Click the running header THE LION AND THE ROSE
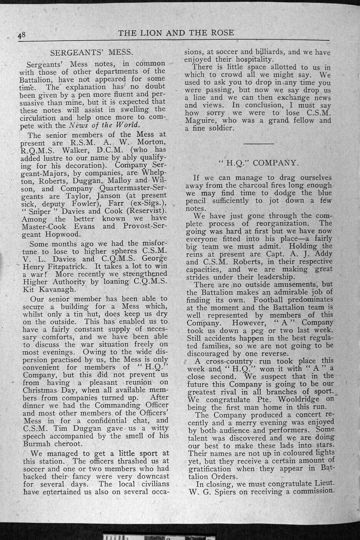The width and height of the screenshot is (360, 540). coord(176,33)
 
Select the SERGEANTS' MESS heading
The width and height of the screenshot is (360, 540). coord(92,53)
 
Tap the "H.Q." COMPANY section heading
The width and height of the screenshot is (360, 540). coord(259,163)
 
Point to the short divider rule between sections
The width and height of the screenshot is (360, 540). coord(258,144)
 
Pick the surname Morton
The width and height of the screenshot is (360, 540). coord(151,142)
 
